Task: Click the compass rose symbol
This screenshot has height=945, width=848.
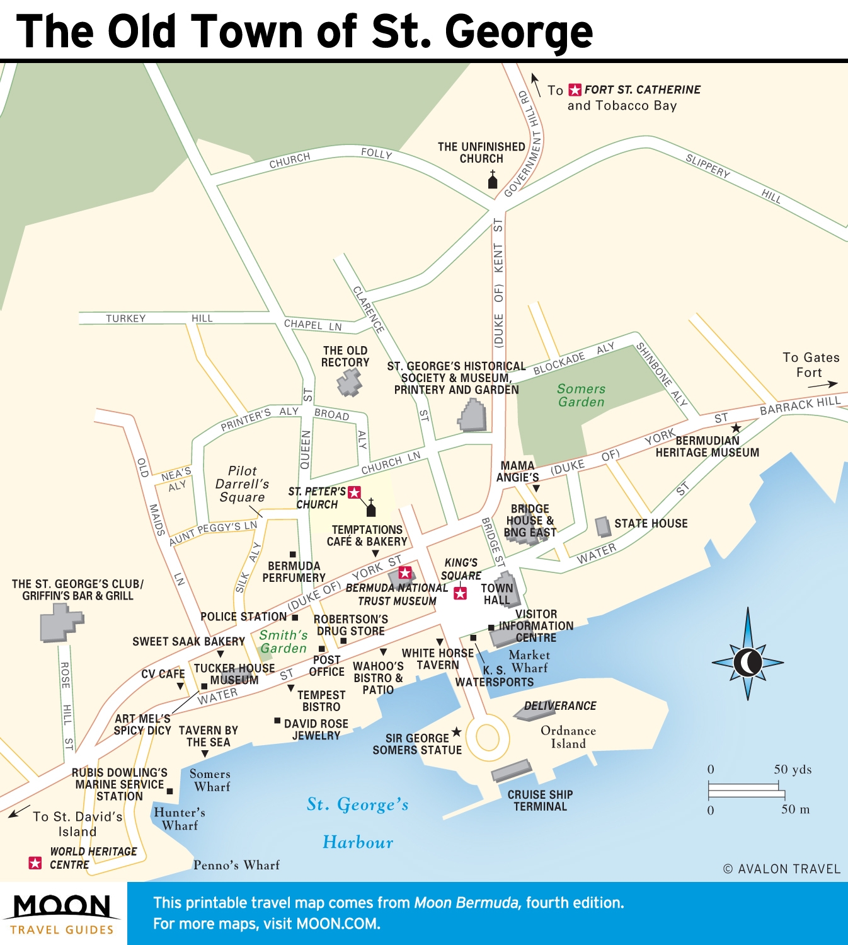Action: coord(748,661)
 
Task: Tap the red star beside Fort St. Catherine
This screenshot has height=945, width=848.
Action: coord(575,90)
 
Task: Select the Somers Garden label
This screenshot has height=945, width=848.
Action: coord(581,395)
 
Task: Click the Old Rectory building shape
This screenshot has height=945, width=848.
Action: coord(349,382)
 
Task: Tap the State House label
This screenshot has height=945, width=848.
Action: coord(651,523)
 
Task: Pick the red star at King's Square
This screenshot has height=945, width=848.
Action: coord(461,593)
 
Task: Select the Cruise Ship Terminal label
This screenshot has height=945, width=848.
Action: coord(540,800)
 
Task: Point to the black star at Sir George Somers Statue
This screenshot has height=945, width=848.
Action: coord(457,731)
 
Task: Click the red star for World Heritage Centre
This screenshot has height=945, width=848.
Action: coord(35,863)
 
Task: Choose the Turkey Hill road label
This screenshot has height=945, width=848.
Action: coord(159,318)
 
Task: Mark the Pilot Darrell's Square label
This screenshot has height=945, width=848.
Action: coord(242,484)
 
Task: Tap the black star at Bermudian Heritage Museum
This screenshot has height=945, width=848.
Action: coord(735,428)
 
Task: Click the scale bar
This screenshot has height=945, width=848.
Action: coord(746,789)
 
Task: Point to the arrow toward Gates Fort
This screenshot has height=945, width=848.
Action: coord(823,384)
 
